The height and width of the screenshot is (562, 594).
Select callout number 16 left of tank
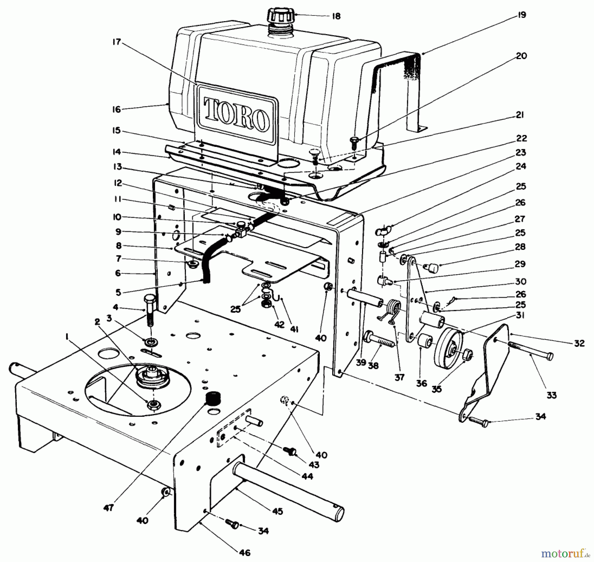point(116,109)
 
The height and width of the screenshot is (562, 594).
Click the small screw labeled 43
point(291,451)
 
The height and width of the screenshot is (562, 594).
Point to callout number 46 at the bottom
point(245,552)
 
